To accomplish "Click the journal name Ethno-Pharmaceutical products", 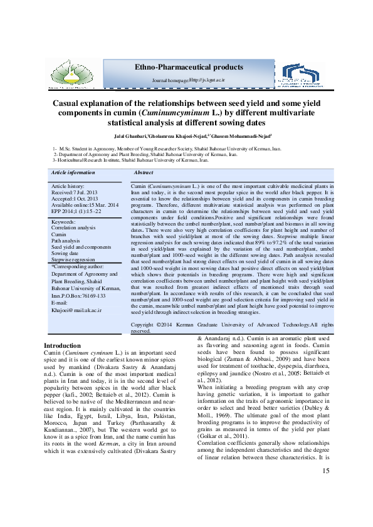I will (x=189, y=67).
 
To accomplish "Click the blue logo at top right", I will (x=302, y=75).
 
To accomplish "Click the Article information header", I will (x=73, y=172).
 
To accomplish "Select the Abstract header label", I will (x=144, y=172).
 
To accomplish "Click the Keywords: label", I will (x=63, y=222).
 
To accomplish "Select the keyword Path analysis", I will (x=66, y=240).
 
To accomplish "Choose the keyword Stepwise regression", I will (x=74, y=258).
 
